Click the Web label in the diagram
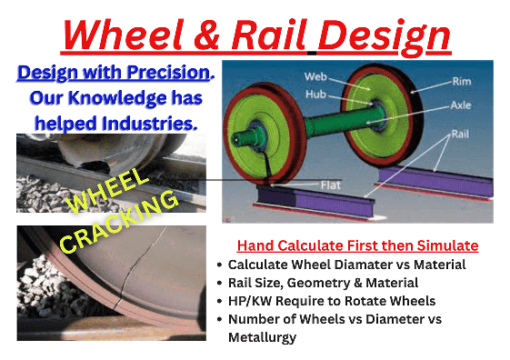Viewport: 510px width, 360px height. (x=290, y=76)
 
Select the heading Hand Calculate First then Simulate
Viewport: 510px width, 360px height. (x=358, y=246)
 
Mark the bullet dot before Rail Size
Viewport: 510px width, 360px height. (x=219, y=284)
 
